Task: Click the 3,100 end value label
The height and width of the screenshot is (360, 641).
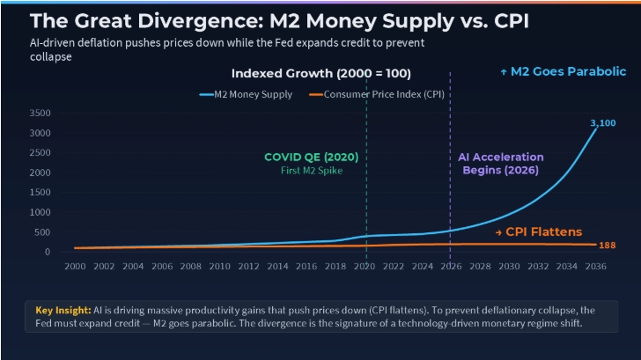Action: click(x=602, y=123)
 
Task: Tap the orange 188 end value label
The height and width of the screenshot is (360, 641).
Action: click(x=607, y=246)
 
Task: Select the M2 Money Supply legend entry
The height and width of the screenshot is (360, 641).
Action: click(x=247, y=94)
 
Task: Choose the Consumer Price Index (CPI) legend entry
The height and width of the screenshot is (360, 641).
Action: click(x=377, y=94)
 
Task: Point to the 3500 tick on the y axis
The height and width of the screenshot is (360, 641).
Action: click(x=41, y=113)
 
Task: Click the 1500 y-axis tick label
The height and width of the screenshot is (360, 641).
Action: click(x=41, y=192)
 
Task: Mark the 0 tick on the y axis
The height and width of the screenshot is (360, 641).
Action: click(x=48, y=252)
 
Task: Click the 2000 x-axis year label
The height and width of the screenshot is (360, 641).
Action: click(x=75, y=267)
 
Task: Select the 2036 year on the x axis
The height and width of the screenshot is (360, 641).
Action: click(x=595, y=267)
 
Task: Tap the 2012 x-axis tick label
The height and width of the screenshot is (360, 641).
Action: click(x=248, y=267)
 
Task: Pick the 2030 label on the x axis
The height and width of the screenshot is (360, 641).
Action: click(x=509, y=267)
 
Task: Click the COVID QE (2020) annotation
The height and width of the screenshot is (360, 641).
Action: click(x=311, y=157)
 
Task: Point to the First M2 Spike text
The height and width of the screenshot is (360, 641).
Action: click(x=312, y=171)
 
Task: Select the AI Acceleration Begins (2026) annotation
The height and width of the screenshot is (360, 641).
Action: click(x=501, y=164)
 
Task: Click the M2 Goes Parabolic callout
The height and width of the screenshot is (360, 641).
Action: click(x=564, y=71)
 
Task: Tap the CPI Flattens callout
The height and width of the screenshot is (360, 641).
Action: click(x=538, y=231)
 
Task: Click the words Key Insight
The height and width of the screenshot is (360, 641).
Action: click(x=63, y=310)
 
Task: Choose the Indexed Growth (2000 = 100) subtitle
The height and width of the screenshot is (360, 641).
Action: click(x=321, y=74)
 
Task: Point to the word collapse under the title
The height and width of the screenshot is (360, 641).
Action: click(x=51, y=57)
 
